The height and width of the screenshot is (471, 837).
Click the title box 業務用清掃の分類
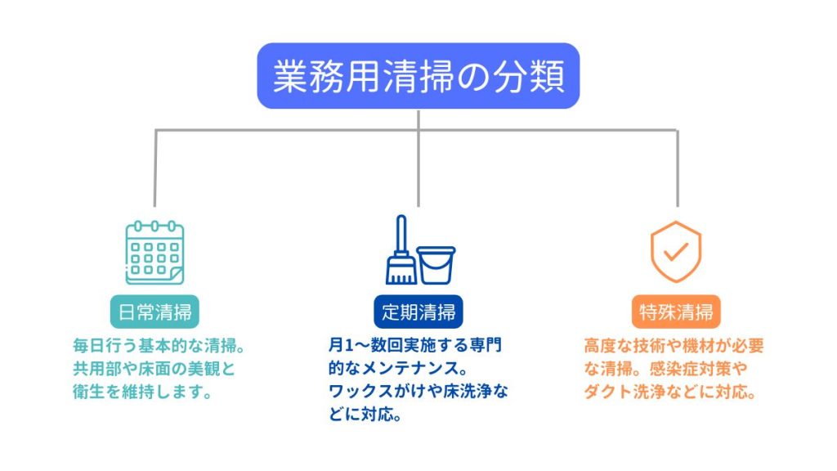click(418, 76)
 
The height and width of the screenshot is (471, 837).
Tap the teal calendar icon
click(154, 253)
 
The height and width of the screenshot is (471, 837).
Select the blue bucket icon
click(436, 266)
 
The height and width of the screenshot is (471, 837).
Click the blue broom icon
click(401, 250)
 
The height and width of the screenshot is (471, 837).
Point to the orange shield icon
click(676, 252)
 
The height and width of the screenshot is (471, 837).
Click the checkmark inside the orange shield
click(676, 251)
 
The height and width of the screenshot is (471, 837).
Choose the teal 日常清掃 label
click(154, 312)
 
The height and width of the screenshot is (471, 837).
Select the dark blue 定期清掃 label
click(418, 312)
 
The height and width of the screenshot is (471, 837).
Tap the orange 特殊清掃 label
click(676, 312)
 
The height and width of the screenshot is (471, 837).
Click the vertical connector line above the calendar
click(154, 168)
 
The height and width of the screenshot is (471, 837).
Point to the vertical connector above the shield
click(678, 168)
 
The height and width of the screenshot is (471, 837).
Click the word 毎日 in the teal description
click(88, 346)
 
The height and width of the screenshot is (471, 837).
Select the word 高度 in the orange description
click(600, 346)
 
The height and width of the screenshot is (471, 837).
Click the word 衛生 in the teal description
click(88, 392)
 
